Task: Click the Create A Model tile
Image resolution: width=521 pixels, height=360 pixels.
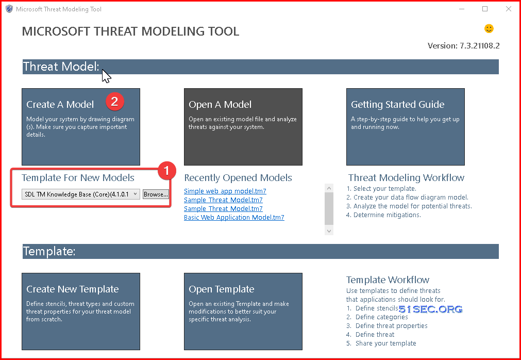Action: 81,127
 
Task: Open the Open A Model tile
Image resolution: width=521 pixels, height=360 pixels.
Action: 243,127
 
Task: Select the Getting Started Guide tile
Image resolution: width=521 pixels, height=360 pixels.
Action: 406,127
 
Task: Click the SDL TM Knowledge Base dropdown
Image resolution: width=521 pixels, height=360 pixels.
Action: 81,194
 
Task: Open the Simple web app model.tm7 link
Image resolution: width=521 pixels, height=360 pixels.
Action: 225,191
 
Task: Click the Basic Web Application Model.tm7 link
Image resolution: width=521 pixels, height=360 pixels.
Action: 234,218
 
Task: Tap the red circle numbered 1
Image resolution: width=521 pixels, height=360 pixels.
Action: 166,171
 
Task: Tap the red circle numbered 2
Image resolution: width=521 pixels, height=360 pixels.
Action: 114,102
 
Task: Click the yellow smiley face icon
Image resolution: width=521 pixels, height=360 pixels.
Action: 489,28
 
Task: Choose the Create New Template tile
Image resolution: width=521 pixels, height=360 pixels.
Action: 81,312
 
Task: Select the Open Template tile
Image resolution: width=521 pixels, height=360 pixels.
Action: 243,312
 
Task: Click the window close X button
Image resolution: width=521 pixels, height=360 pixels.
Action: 508,9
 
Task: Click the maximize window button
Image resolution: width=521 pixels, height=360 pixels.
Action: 485,9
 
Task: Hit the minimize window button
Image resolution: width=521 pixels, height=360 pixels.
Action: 462,9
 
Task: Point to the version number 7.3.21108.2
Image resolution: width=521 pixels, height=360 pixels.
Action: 479,46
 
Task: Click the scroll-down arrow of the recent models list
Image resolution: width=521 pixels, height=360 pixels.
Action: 329,231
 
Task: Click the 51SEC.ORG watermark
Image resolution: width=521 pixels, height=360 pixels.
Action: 430,309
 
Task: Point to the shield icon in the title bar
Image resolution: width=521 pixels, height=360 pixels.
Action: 9,9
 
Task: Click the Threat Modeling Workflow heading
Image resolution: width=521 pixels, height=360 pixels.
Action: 406,177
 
